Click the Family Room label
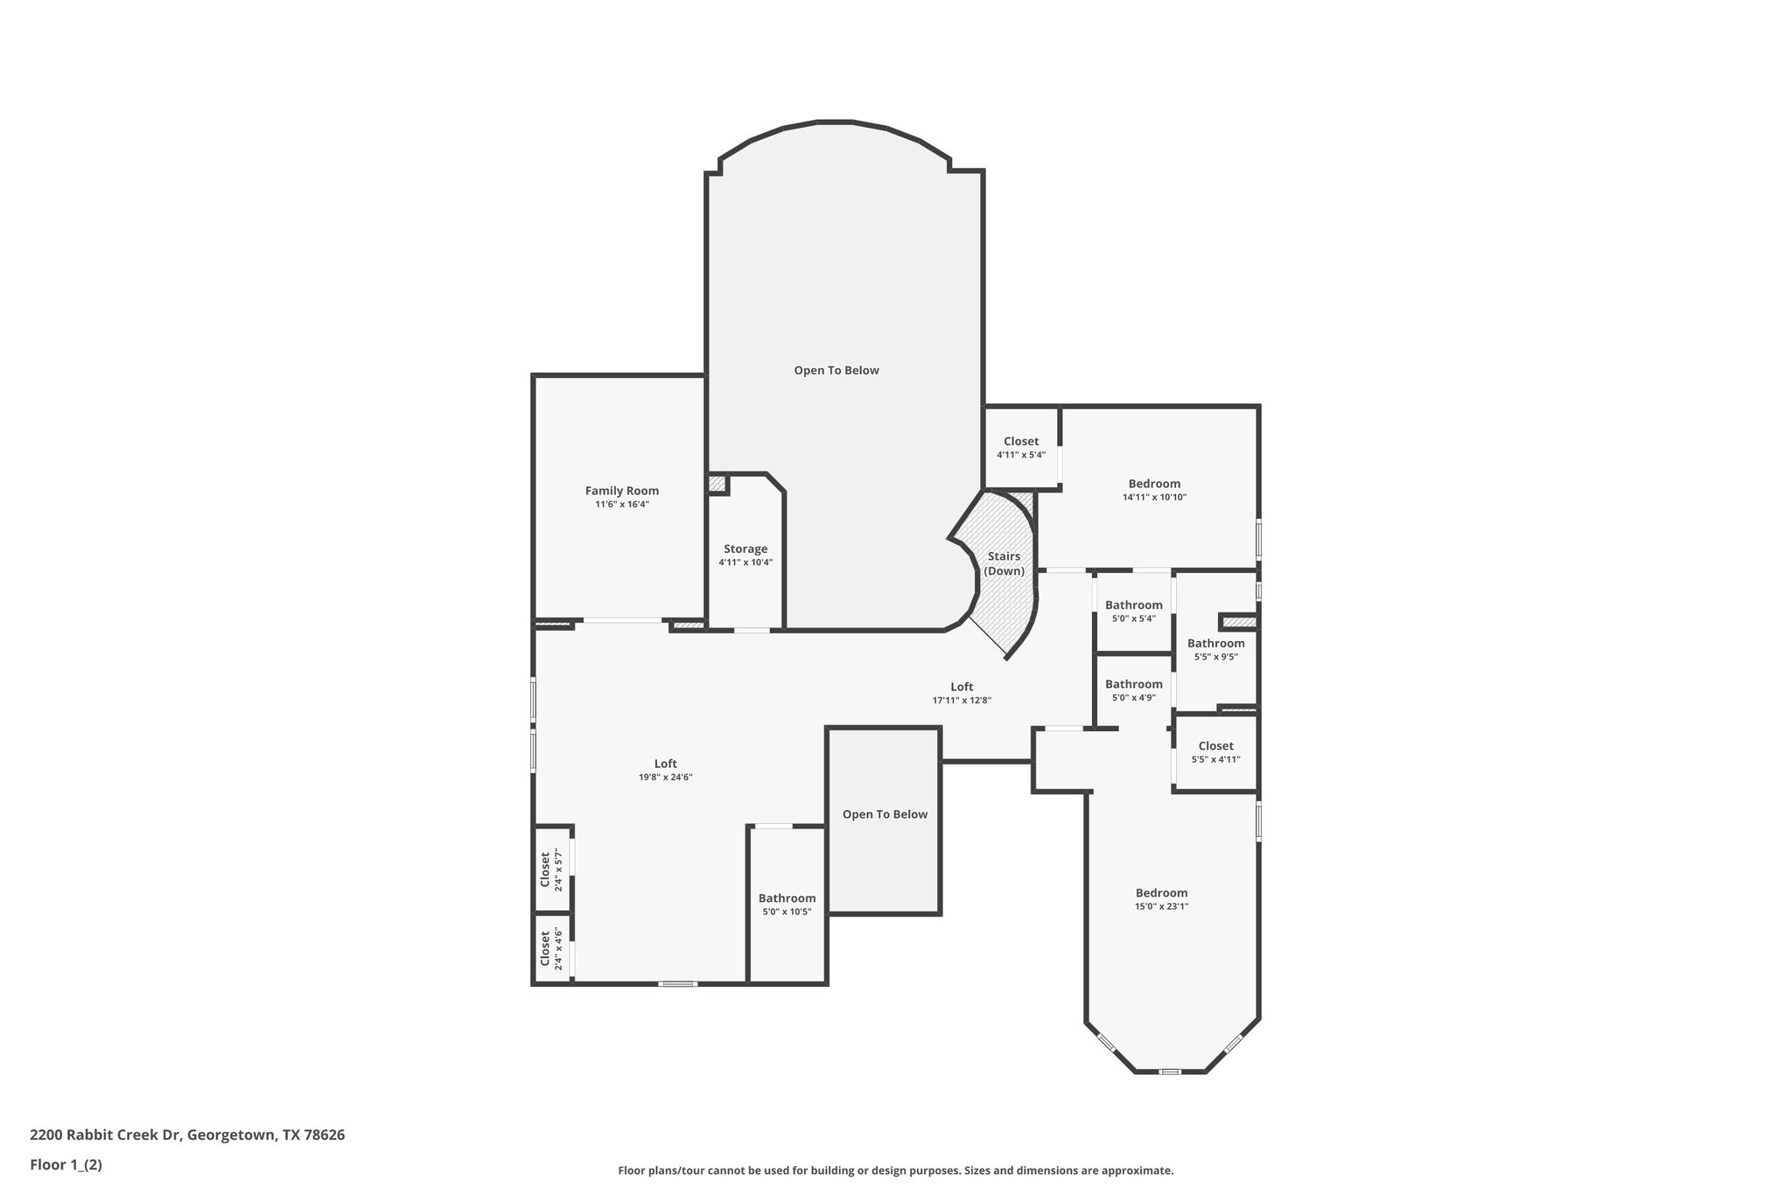click(x=621, y=491)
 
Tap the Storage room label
click(x=745, y=549)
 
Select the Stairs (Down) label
click(x=1004, y=563)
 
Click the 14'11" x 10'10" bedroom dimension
click(x=1154, y=497)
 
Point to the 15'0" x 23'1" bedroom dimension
click(x=1161, y=906)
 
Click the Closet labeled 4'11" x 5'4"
click(x=1021, y=442)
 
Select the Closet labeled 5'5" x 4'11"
click(x=1215, y=746)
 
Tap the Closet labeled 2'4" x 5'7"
click(x=546, y=869)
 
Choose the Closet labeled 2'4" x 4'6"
click(x=546, y=948)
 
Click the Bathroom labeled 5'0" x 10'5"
click(x=787, y=898)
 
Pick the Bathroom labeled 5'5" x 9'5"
click(x=1215, y=644)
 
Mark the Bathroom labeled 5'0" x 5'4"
click(x=1133, y=605)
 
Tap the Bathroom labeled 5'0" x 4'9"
click(x=1133, y=684)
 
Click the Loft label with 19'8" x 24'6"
click(x=665, y=764)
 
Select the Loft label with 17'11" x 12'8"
click(x=962, y=687)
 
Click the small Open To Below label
click(x=885, y=814)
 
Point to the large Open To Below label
click(x=836, y=370)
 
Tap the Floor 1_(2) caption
click(x=66, y=1165)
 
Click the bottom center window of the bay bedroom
click(x=1170, y=1072)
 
